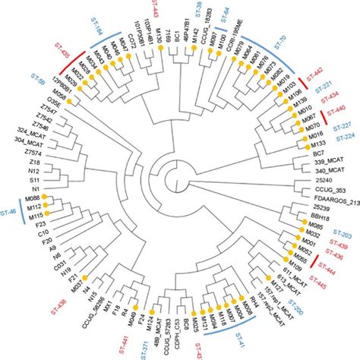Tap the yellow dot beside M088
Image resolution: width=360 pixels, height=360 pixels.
point(58,197)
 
